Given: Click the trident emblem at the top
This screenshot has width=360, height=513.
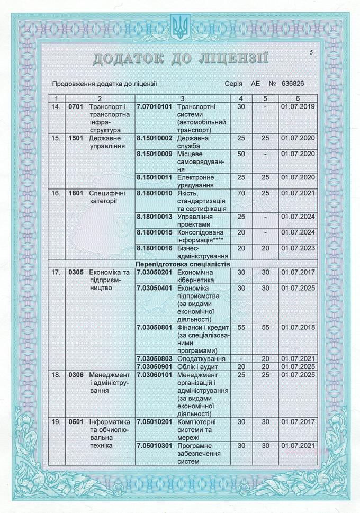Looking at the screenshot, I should (179, 26).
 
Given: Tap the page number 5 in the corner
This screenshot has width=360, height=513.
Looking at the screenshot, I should (312, 51).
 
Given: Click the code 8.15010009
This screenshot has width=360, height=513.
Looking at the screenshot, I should (155, 154).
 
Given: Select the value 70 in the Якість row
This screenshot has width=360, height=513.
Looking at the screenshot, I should (241, 193).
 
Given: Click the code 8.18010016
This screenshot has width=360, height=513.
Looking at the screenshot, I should (155, 248).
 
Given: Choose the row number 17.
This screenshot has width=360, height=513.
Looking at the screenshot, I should (56, 272).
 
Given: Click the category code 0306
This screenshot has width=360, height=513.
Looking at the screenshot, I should (76, 375).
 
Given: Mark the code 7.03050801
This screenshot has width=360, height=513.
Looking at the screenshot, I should (155, 327).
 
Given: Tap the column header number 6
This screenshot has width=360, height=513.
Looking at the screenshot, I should (298, 98).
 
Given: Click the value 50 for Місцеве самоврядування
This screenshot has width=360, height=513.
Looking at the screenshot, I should (241, 154).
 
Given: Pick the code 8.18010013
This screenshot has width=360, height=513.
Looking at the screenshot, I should (155, 216).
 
